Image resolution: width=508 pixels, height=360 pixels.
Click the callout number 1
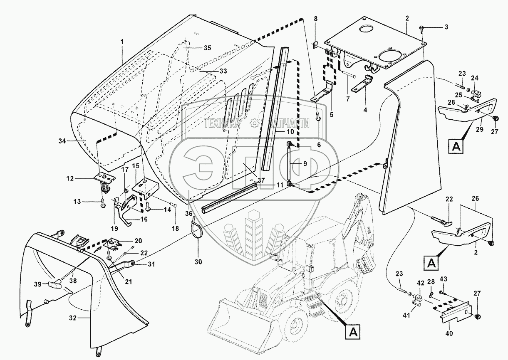point(122,42)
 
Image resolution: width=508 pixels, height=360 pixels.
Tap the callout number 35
point(207,48)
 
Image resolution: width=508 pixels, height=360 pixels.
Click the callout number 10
point(290,132)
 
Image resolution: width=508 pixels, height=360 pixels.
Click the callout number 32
point(73,318)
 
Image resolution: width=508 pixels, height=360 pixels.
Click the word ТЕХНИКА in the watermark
point(221,123)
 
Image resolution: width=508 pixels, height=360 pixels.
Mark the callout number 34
point(62,141)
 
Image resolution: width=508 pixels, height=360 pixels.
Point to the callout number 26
point(476,198)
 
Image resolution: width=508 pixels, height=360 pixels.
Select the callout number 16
point(144,219)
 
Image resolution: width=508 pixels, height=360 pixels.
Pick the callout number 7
point(348,99)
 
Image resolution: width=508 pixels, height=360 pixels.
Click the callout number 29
point(479,129)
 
